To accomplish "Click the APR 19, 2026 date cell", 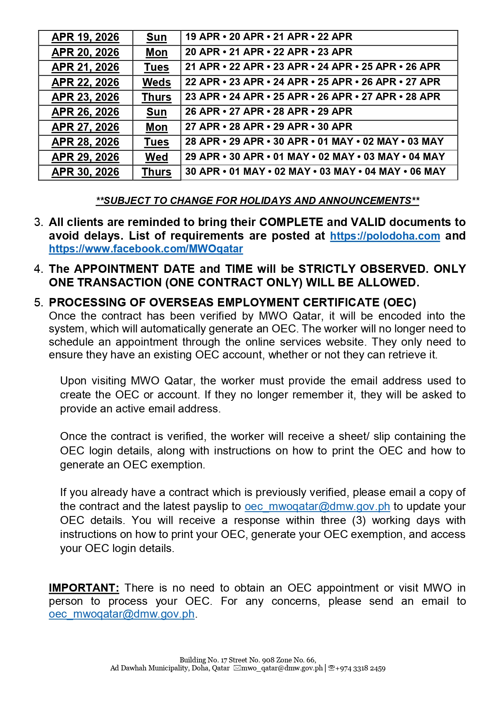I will pos(85,37).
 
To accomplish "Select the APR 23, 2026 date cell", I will pos(85,97).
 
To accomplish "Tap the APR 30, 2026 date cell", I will pos(85,172).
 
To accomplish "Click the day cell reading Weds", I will pos(156,82).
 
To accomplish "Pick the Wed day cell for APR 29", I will pos(156,157).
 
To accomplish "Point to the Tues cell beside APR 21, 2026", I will pos(156,67).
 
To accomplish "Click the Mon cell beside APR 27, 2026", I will pos(156,127).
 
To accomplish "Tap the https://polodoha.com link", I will pos(385,236).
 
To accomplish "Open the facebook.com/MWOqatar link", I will pos(146,249).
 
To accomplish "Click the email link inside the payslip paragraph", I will pos(317,506).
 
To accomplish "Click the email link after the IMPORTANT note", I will pos(122,614).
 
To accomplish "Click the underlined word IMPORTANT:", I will pos(84,588).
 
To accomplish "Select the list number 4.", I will pos(38,269).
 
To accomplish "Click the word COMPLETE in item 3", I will pos(291,222).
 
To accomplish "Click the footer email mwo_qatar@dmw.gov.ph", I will pos(282,668).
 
